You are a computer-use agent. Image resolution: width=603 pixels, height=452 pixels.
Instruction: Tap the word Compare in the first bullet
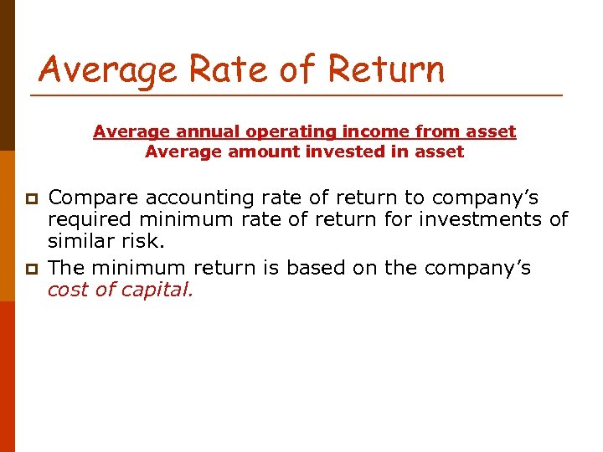(93, 198)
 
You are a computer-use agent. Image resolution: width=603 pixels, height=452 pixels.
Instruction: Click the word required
(85, 219)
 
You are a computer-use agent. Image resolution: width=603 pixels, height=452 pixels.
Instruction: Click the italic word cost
(67, 290)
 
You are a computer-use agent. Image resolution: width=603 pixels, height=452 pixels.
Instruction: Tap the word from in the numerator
(399, 131)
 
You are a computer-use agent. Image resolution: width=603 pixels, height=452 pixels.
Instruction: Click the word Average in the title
(108, 69)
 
